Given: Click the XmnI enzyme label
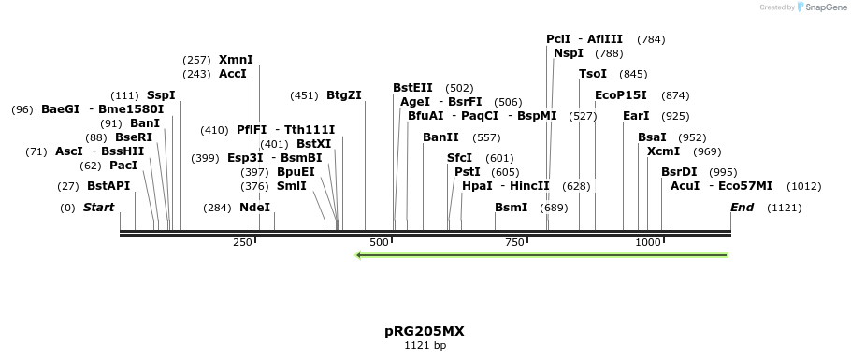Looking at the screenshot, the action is click(x=236, y=59).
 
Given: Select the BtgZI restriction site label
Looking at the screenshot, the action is click(x=343, y=94).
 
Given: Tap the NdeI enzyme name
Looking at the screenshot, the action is click(x=254, y=207).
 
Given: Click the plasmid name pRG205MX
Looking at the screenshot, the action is click(x=424, y=331).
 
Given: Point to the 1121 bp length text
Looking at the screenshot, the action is click(x=425, y=346).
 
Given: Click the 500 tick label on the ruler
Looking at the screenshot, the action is click(x=379, y=242).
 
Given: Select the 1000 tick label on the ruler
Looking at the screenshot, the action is click(x=648, y=242).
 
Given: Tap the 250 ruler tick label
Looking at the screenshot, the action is click(x=242, y=242).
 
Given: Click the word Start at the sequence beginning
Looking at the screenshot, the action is click(x=98, y=207).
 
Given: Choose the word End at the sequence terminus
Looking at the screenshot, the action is click(x=742, y=207).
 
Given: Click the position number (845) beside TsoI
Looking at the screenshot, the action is click(x=633, y=74).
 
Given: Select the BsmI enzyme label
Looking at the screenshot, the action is click(x=511, y=207).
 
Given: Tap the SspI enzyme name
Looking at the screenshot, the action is click(x=161, y=94).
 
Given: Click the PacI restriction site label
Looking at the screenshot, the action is click(x=123, y=165).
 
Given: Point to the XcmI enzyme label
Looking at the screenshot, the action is click(x=663, y=151).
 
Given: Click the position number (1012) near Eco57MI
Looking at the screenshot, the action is click(x=803, y=186).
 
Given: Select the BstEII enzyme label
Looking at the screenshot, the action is click(x=412, y=87).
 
